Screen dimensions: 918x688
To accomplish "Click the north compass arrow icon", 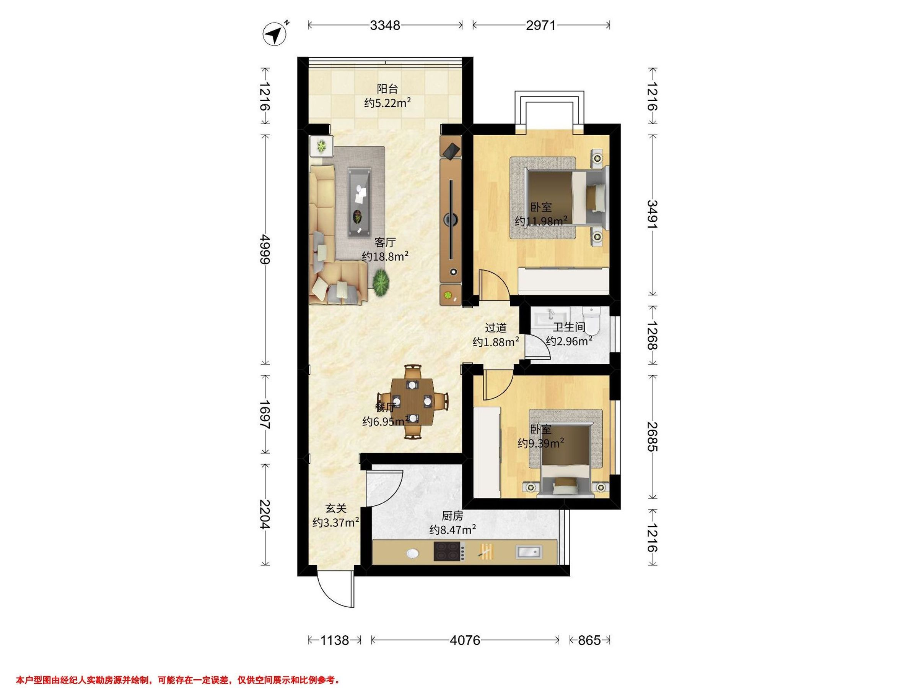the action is pyautogui.click(x=275, y=34).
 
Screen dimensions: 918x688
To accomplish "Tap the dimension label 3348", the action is pyautogui.click(x=385, y=25).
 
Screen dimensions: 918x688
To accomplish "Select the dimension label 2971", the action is pyautogui.click(x=541, y=25).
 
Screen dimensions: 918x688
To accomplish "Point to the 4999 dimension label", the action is pyautogui.click(x=265, y=249).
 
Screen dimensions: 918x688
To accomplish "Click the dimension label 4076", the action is pyautogui.click(x=465, y=640).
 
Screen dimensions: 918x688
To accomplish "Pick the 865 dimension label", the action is pyautogui.click(x=589, y=640).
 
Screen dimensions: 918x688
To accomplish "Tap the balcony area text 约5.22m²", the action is pyautogui.click(x=387, y=102).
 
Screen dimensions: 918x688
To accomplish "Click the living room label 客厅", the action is pyautogui.click(x=385, y=242).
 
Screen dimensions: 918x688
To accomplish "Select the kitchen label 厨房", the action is pyautogui.click(x=452, y=516).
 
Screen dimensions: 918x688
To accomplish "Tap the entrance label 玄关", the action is pyautogui.click(x=335, y=508).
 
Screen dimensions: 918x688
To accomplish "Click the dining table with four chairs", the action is pyautogui.click(x=413, y=401).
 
